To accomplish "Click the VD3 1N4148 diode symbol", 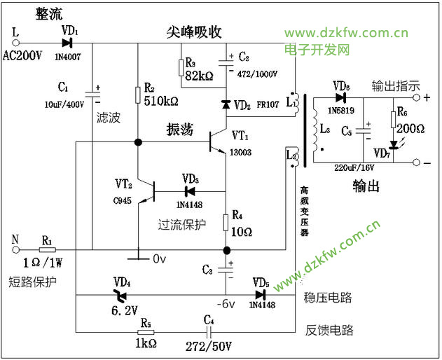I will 188,190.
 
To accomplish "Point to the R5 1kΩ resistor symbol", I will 146,332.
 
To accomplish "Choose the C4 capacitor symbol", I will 208,332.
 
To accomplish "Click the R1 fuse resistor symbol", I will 47,249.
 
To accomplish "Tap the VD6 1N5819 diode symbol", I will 341,97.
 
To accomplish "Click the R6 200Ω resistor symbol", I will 392,118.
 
